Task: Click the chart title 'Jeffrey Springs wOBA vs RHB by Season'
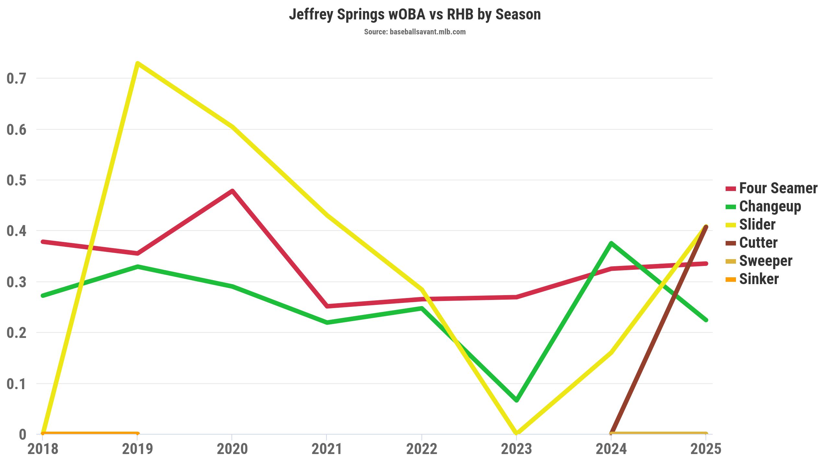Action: [415, 15]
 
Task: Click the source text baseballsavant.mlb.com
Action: [415, 32]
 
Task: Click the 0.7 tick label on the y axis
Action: [16, 78]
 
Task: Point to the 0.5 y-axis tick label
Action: [16, 180]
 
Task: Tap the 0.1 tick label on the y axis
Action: [16, 384]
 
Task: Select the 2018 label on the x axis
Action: [43, 449]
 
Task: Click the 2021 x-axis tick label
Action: [327, 449]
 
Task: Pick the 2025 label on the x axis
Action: [706, 449]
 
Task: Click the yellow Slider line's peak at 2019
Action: [137, 63]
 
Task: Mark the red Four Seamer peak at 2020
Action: [232, 191]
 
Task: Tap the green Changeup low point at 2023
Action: [516, 400]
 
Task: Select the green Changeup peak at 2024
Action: [611, 243]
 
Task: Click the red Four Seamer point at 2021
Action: [327, 306]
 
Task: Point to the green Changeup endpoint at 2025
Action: [706, 320]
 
